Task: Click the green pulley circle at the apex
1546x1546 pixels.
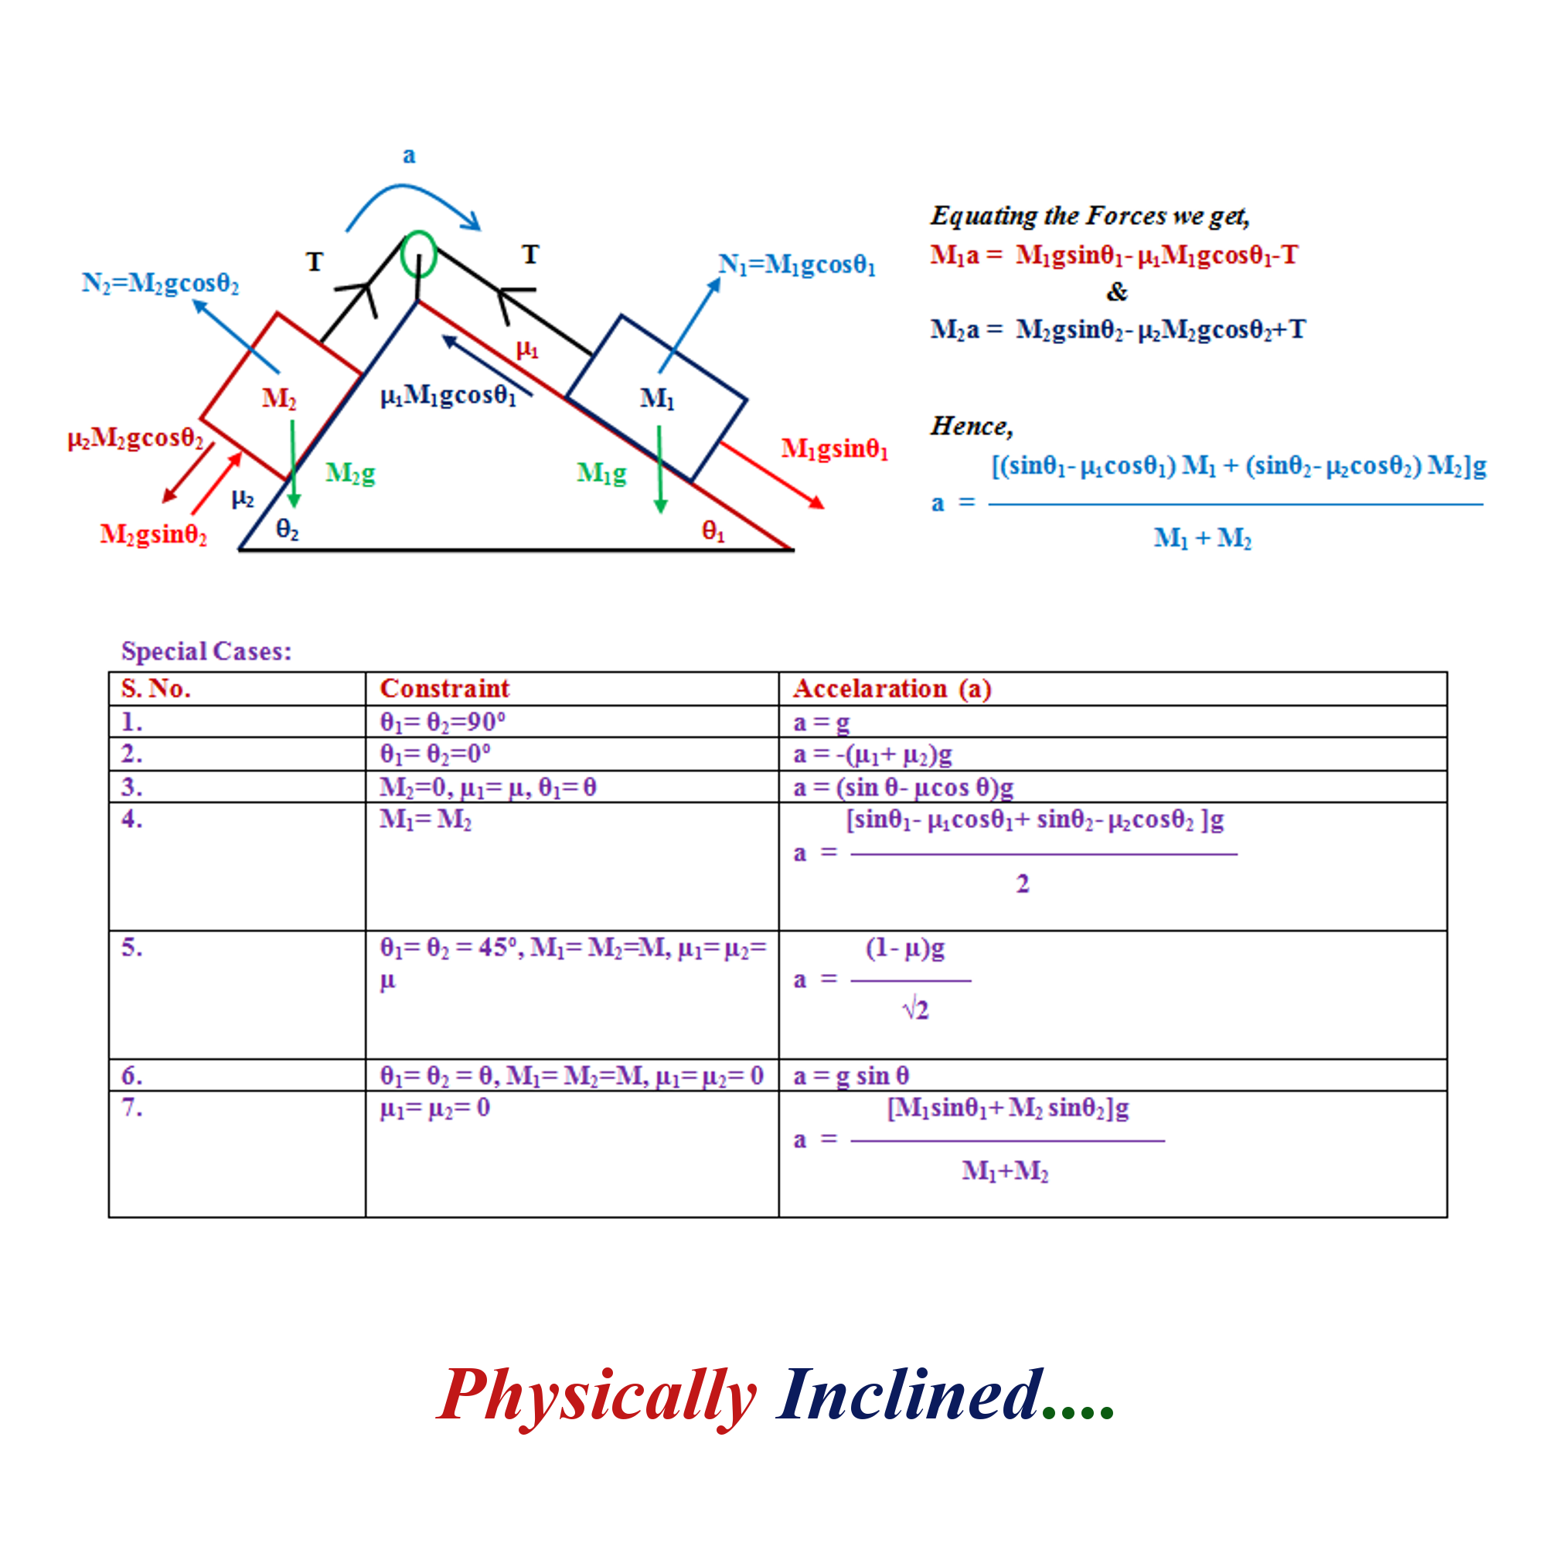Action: pos(402,254)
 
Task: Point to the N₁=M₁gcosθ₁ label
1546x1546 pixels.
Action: pos(797,265)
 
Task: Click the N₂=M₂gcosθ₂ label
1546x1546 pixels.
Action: pos(160,283)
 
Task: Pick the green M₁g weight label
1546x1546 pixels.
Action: pos(601,474)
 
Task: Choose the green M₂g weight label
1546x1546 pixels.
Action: pos(350,474)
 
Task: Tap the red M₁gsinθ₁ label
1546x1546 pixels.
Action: pos(835,449)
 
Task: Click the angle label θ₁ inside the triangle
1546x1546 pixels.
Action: pos(713,530)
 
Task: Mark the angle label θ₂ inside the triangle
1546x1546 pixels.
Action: pos(288,529)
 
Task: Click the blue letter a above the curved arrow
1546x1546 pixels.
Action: pos(409,155)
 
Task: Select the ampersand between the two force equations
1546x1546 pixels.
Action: pos(1117,292)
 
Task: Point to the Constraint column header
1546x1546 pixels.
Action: pos(444,688)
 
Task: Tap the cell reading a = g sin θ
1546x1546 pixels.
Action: pos(850,1076)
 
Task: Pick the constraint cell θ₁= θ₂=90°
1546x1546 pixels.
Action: pos(442,722)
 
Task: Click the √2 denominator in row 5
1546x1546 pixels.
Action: pos(915,1010)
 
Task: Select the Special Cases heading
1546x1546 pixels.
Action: pos(206,652)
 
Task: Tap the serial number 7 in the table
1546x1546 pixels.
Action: pos(132,1108)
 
